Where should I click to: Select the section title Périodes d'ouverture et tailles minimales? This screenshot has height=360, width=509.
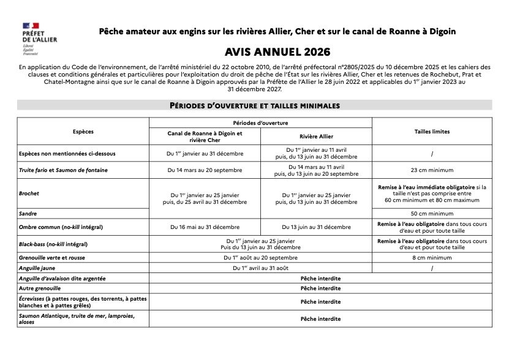pos(254,105)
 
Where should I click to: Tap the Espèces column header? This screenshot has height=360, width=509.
pos(83,132)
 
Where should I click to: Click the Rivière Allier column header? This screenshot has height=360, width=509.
pos(316,136)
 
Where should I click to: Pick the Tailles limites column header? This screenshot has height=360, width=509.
pos(432,132)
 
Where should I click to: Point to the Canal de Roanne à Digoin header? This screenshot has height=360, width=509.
pos(205,136)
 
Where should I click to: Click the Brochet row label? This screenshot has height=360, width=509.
pos(29,193)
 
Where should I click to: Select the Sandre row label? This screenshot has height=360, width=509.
pos(28,214)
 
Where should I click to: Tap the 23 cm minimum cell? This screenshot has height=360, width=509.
pos(432,170)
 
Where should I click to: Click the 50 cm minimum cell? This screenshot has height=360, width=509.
pos(432,214)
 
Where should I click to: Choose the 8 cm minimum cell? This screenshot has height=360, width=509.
pos(432,258)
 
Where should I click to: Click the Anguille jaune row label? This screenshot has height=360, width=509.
pos(37,268)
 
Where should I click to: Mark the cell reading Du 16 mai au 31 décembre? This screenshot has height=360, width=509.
pos(205,227)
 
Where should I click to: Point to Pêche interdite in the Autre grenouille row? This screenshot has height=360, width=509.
pos(320,288)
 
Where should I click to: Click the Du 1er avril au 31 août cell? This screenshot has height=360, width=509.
pos(261,268)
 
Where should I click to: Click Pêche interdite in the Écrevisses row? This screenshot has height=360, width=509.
pos(320,302)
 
